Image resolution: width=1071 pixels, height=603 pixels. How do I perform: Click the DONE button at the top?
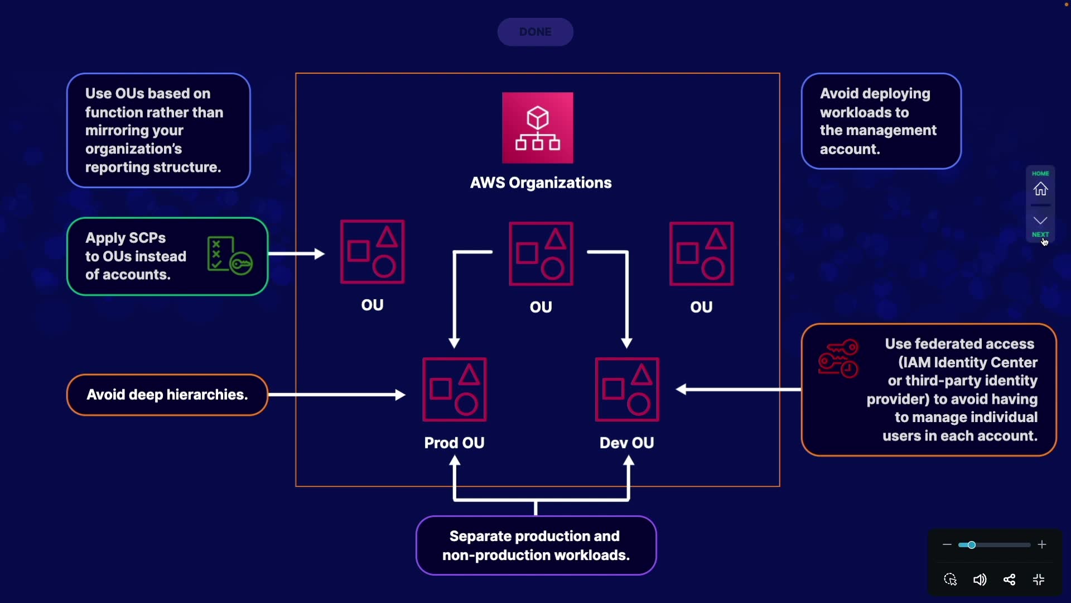pyautogui.click(x=535, y=32)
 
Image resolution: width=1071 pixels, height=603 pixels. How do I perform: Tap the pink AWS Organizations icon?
pyautogui.click(x=537, y=128)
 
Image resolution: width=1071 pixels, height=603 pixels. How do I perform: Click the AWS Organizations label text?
pyautogui.click(x=541, y=183)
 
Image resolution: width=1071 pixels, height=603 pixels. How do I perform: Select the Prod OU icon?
pyautogui.click(x=455, y=390)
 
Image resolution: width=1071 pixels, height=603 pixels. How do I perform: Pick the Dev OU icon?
pyautogui.click(x=627, y=390)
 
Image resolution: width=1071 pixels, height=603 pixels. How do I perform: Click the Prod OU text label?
pyautogui.click(x=454, y=443)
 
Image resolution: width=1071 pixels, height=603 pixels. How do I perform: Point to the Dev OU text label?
pyautogui.click(x=626, y=443)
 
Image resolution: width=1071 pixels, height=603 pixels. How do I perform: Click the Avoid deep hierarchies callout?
pyautogui.click(x=167, y=395)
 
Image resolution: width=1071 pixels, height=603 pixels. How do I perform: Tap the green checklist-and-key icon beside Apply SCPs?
pyautogui.click(x=229, y=256)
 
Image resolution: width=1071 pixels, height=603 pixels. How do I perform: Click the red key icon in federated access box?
pyautogui.click(x=838, y=358)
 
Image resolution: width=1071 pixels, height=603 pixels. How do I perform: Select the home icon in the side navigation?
pyautogui.click(x=1040, y=189)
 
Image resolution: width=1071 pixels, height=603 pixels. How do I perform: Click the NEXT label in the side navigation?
pyautogui.click(x=1040, y=234)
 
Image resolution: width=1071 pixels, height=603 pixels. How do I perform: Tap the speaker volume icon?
pyautogui.click(x=980, y=580)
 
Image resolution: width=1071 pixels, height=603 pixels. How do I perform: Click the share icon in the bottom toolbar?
pyautogui.click(x=1009, y=580)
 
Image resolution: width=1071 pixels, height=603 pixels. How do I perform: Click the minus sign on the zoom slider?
pyautogui.click(x=947, y=544)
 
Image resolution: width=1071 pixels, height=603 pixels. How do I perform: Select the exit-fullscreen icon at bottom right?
pyautogui.click(x=1039, y=580)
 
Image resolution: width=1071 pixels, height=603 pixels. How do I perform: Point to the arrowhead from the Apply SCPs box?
pyautogui.click(x=319, y=254)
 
